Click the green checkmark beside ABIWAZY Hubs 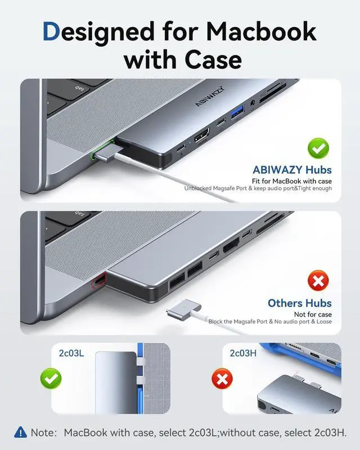click(318, 150)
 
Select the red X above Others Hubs click(318, 280)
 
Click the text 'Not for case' click(313, 314)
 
